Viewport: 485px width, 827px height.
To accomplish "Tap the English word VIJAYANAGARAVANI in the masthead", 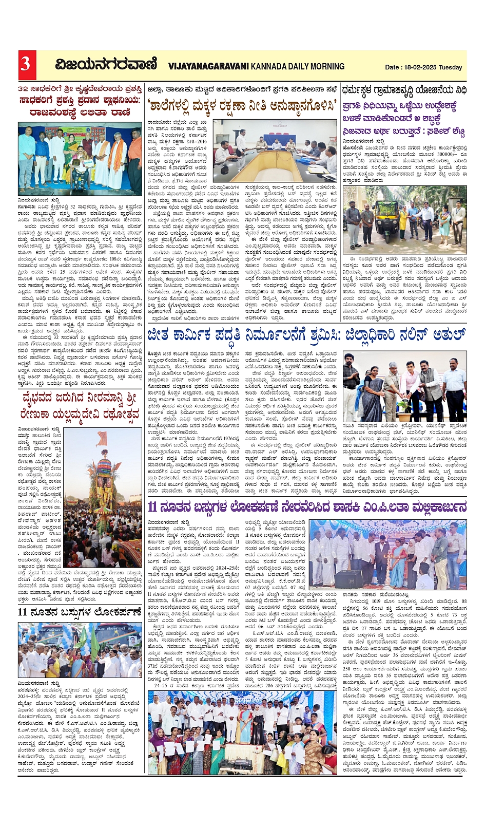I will point(207,66).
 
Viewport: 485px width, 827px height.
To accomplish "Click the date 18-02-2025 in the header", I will point(420,67).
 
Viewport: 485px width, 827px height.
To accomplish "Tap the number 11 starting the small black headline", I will point(23,611).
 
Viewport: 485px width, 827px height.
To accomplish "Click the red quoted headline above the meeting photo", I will point(243,105).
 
